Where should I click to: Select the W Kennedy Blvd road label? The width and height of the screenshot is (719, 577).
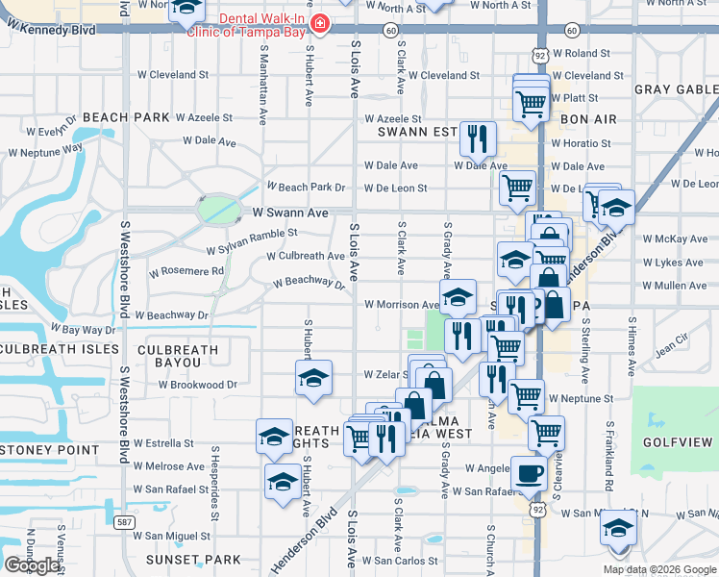51,30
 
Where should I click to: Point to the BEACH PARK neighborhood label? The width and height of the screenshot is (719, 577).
126,117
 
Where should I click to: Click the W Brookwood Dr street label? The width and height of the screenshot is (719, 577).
197,384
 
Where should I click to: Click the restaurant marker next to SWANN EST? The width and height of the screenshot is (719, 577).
477,139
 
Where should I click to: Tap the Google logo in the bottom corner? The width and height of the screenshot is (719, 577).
32,565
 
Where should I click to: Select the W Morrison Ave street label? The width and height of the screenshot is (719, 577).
401,305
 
